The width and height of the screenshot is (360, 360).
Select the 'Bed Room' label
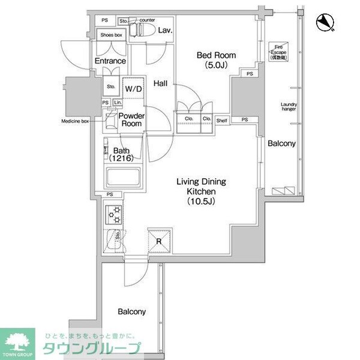[x=217, y=56]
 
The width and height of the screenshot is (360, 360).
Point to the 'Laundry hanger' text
[x=289, y=107]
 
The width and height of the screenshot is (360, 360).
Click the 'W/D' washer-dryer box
[x=133, y=89]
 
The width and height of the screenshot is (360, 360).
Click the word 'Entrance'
[x=110, y=61]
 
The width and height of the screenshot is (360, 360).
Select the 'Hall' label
[x=160, y=83]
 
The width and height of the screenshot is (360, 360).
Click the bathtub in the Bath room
[x=123, y=179]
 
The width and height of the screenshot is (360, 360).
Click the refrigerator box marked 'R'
[x=158, y=242]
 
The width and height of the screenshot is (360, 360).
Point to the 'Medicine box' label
[x=75, y=121]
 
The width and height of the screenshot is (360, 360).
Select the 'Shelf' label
[x=222, y=119]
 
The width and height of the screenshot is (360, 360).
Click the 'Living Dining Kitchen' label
[x=196, y=185]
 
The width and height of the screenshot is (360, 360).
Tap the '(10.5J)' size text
[x=196, y=202]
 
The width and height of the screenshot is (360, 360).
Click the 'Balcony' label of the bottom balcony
[x=131, y=312]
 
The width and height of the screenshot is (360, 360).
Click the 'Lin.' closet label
[x=117, y=103]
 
